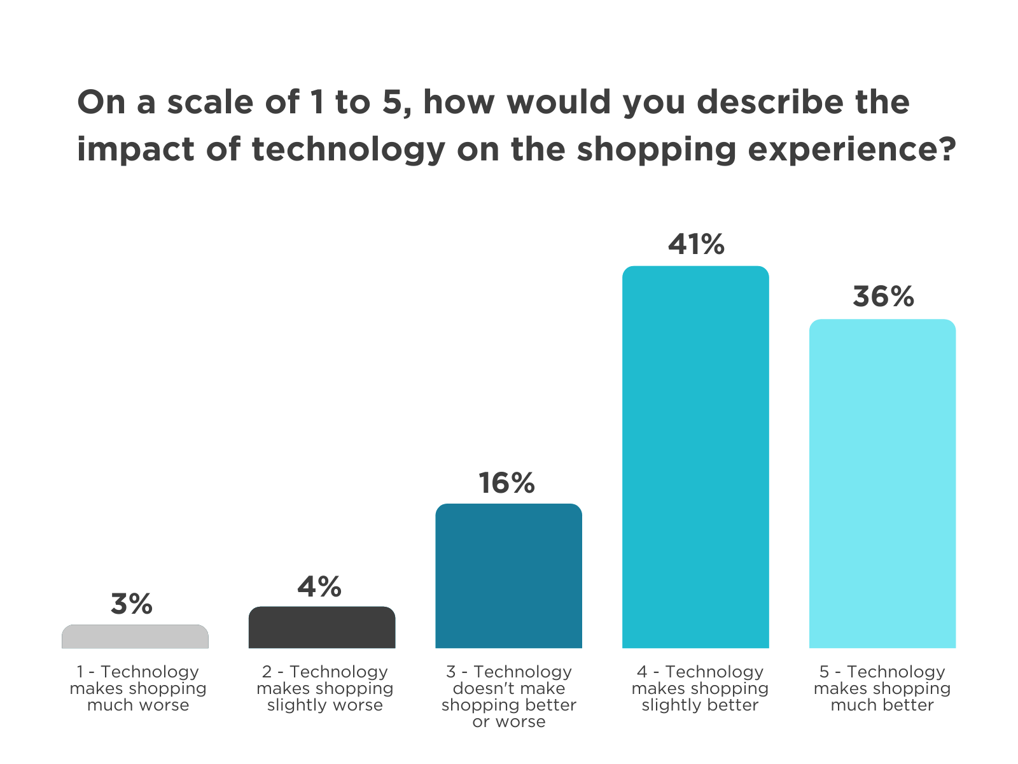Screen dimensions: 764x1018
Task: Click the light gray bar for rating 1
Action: click(x=135, y=637)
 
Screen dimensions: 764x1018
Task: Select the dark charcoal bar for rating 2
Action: click(x=322, y=628)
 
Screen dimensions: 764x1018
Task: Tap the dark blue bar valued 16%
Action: click(x=508, y=576)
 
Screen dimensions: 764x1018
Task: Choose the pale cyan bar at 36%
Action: click(x=882, y=484)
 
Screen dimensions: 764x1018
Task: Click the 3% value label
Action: click(x=132, y=604)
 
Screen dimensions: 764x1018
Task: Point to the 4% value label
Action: click(x=319, y=586)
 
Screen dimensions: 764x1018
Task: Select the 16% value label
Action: click(x=506, y=483)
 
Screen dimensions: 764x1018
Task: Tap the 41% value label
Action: click(x=696, y=244)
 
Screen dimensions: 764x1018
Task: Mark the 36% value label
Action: click(x=883, y=297)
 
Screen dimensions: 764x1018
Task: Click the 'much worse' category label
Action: click(x=138, y=688)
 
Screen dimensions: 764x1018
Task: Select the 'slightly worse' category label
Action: click(x=325, y=688)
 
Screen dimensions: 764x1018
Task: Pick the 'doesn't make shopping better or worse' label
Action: click(x=509, y=697)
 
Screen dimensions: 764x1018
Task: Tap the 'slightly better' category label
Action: click(x=700, y=688)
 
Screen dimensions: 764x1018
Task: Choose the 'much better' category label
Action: click(x=882, y=688)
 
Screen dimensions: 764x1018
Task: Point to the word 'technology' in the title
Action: click(x=349, y=150)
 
